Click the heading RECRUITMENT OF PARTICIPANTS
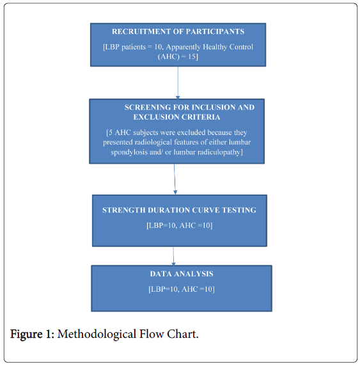click(178, 31)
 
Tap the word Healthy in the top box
click(215, 47)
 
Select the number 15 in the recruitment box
click(192, 57)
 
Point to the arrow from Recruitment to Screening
click(178, 83)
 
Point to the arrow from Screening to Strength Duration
click(175, 179)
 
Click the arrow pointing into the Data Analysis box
click(173, 256)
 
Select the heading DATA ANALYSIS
click(182, 274)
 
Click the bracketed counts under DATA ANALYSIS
click(182, 289)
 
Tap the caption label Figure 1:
click(32, 334)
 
